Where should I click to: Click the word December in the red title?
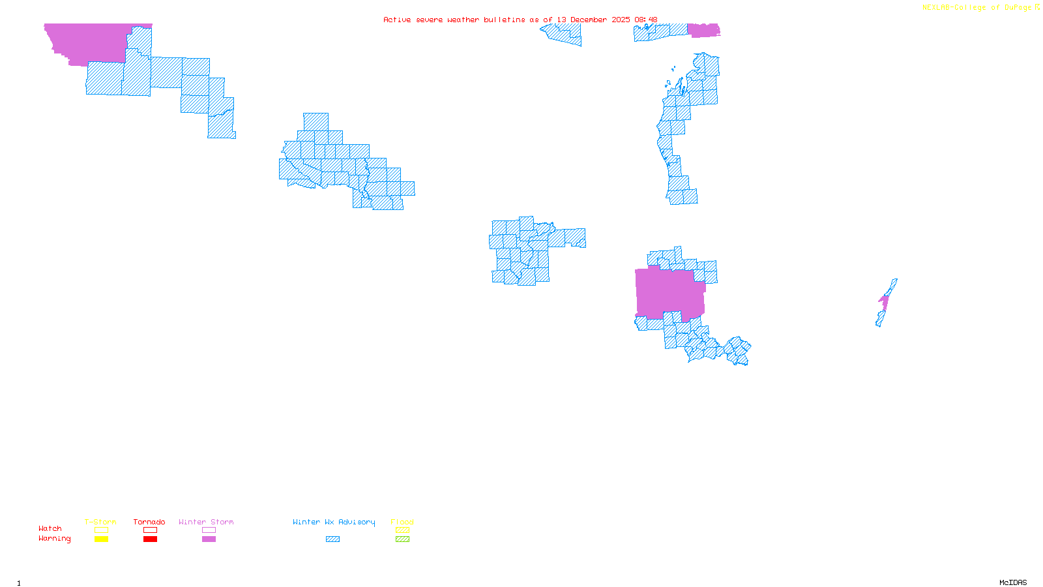589,20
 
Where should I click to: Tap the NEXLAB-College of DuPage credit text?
977,7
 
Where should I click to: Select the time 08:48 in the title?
645,20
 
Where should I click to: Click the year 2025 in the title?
621,20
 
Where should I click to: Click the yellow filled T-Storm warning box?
101,539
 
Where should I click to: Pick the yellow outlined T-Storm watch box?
101,530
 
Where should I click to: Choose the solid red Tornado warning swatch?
151,539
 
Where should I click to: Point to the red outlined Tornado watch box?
151,530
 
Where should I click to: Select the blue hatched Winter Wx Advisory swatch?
332,539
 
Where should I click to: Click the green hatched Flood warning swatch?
403,539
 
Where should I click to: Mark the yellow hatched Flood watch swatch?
403,530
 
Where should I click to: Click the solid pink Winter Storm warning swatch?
209,539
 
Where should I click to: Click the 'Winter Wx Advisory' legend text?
334,522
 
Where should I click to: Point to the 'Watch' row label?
50,528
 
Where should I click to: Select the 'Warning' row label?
55,539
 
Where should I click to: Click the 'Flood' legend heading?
402,522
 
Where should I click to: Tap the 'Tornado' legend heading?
149,522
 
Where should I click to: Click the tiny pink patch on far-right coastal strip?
884,301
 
